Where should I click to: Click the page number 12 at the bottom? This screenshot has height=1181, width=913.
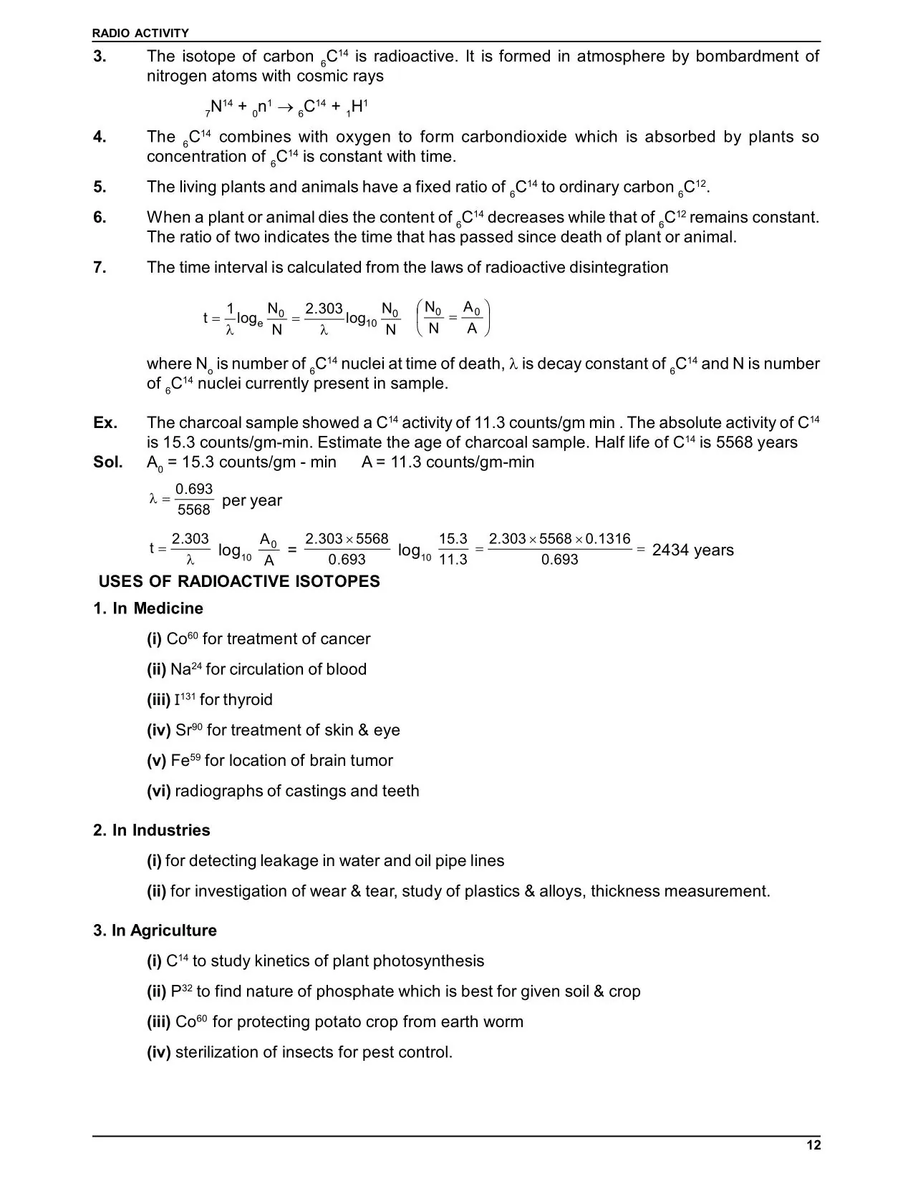coord(813,1145)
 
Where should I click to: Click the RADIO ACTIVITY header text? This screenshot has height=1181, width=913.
coord(141,33)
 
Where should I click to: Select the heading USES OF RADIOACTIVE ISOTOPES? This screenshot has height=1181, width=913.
coord(239,581)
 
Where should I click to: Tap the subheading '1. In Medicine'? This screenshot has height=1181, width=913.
coord(148,608)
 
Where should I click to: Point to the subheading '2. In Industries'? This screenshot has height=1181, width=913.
coord(152,830)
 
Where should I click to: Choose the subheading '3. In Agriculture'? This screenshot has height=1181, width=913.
coord(155,930)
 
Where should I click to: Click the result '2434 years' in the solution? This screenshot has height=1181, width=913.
coord(692,550)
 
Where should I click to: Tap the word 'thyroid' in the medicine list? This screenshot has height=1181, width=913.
coord(248,699)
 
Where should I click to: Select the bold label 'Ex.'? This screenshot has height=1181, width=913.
coord(105,422)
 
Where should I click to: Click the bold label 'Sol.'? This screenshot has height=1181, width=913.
coord(107,462)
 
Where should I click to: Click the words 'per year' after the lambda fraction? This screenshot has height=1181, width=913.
coord(252,500)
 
